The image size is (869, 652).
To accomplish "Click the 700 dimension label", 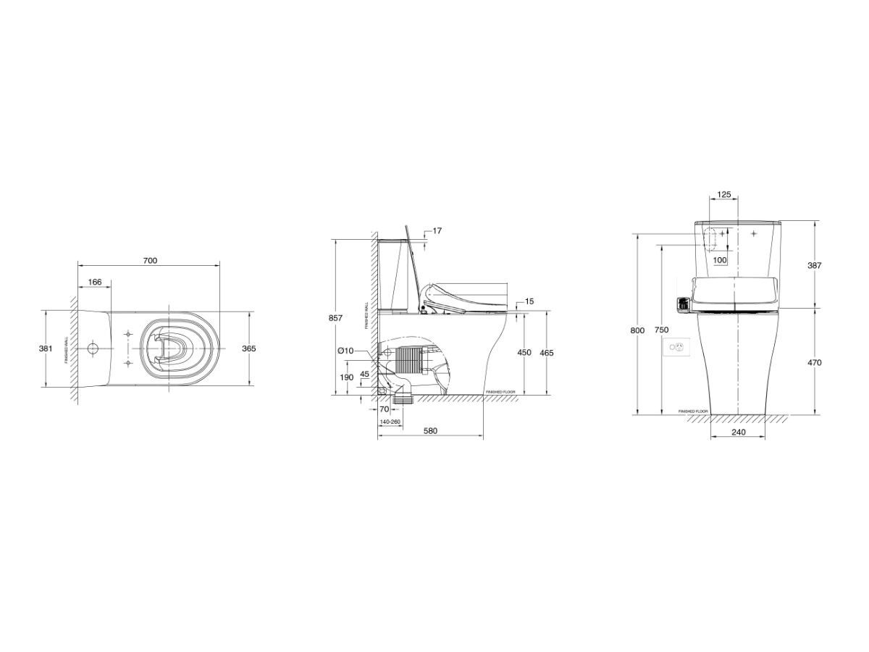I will click(150, 260).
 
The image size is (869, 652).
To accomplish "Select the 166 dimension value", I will click(95, 282).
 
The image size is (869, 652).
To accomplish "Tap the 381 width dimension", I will click(45, 348).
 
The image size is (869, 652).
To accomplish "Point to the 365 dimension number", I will click(248, 348).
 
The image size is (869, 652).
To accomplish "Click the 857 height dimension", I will click(335, 317).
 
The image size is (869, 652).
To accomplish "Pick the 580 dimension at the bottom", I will click(430, 431).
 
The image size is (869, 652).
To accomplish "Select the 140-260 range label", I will click(390, 421).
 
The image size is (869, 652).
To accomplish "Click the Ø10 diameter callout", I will click(345, 351).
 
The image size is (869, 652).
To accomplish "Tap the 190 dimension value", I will click(347, 377).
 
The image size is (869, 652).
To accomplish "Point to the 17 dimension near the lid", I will click(437, 231).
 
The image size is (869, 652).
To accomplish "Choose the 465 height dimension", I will click(548, 353).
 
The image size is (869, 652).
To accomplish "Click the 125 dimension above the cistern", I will click(723, 195).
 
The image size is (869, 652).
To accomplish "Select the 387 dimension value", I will click(815, 266).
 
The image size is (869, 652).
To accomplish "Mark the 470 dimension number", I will click(815, 362).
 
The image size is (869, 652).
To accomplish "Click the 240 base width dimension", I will click(738, 432).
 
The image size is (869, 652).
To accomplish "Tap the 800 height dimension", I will click(637, 330).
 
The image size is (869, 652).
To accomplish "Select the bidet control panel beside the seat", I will click(681, 306).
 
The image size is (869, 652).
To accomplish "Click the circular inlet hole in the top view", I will click(93, 348).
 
